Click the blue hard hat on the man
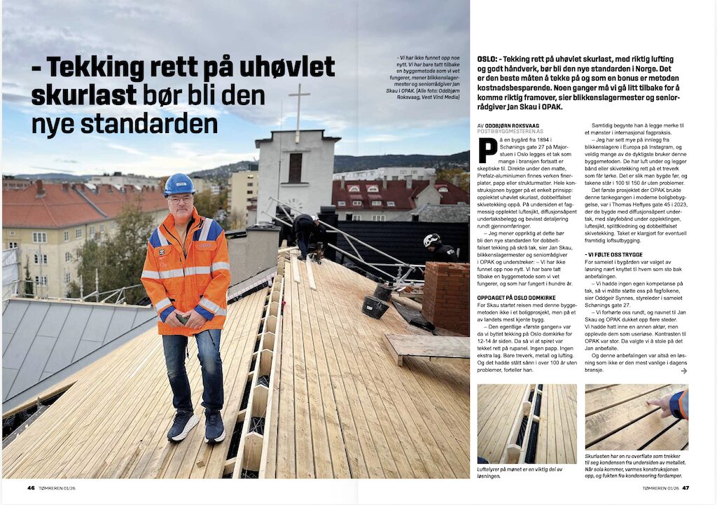[179, 184]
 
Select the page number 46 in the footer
[31, 488]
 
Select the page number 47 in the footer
[686, 488]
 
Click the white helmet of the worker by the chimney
[431, 240]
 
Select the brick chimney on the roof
[446, 297]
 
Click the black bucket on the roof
[375, 307]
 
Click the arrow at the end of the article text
[683, 371]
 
